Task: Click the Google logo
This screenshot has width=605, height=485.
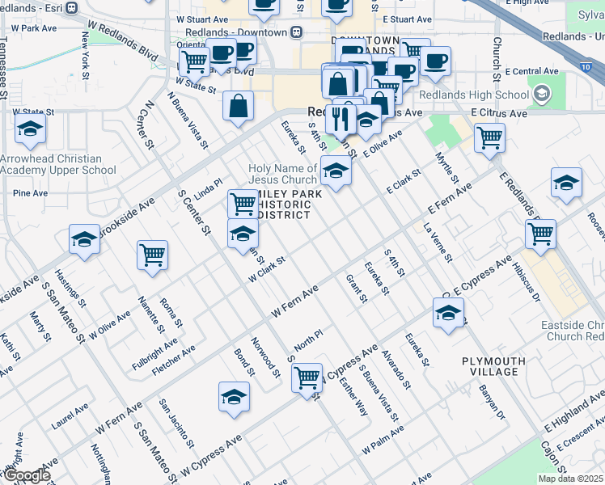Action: coord(26,475)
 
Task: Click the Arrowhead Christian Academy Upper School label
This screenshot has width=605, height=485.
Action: coord(57,165)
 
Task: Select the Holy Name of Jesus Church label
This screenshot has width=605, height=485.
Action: coord(282,174)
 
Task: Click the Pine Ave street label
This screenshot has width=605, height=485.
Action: coord(30,193)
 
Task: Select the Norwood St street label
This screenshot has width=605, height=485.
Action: coord(265,358)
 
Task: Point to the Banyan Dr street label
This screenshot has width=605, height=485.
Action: coord(491,404)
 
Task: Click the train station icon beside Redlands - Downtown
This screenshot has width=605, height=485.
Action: coord(297,32)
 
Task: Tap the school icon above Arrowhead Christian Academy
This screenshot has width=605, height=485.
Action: coord(30,129)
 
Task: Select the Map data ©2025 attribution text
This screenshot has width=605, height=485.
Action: coord(570,479)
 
